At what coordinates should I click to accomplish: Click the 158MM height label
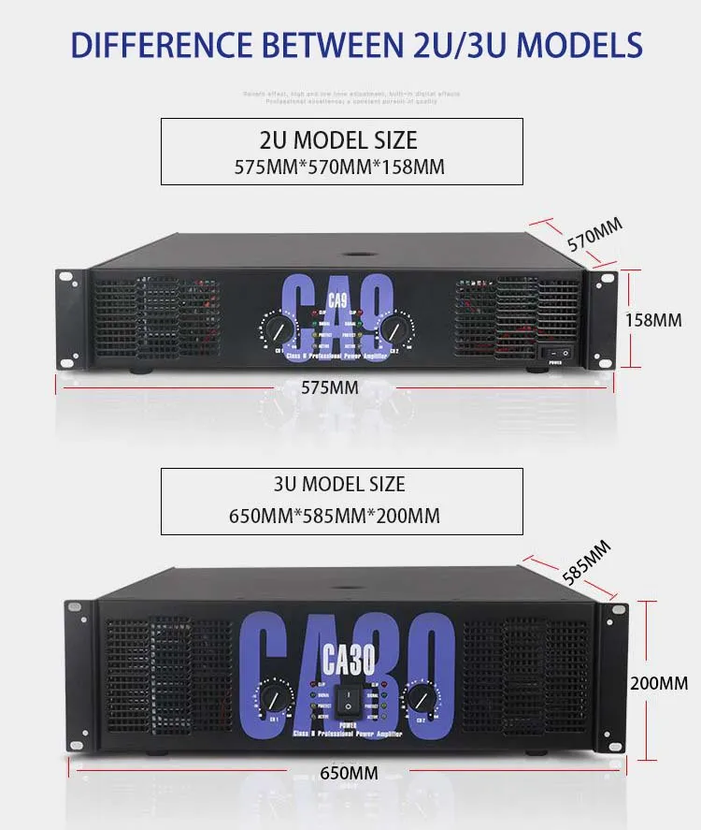pyautogui.click(x=653, y=319)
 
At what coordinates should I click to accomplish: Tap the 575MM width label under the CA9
pyautogui.click(x=330, y=386)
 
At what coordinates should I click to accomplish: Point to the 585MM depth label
pyautogui.click(x=586, y=562)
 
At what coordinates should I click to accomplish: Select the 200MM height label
pyautogui.click(x=659, y=683)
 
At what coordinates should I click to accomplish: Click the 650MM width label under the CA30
pyautogui.click(x=350, y=773)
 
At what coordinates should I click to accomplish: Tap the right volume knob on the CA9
pyautogui.click(x=393, y=328)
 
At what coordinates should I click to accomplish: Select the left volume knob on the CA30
pyautogui.click(x=272, y=697)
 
